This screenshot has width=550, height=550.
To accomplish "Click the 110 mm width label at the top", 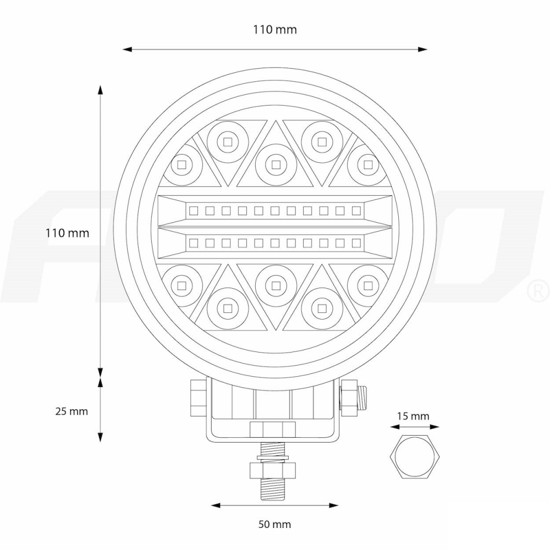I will pyautogui.click(x=274, y=30).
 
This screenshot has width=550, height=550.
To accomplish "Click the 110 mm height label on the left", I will pyautogui.click(x=67, y=233).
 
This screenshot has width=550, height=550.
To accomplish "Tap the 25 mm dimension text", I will pyautogui.click(x=71, y=411).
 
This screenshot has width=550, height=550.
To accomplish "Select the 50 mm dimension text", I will pyautogui.click(x=274, y=524).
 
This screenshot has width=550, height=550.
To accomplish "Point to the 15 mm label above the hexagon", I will pyautogui.click(x=413, y=416).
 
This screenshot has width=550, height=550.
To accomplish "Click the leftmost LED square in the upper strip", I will pyautogui.click(x=193, y=210).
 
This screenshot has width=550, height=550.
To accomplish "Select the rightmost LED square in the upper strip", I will pyautogui.click(x=356, y=210).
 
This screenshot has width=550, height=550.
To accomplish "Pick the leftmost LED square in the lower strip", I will pyautogui.click(x=193, y=242).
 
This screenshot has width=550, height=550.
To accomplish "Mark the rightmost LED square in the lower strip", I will pyautogui.click(x=356, y=242).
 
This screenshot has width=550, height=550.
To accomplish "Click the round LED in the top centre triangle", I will pyautogui.click(x=275, y=163).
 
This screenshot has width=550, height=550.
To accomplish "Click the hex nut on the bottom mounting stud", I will pyautogui.click(x=273, y=470).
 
